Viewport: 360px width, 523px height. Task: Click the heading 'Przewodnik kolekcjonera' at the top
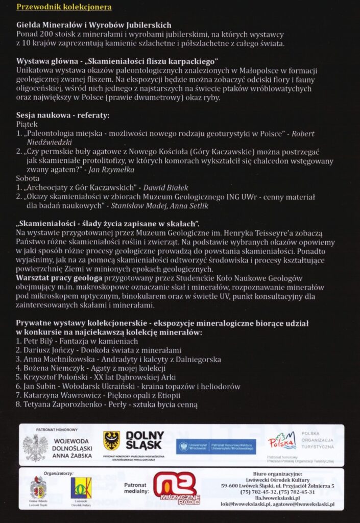coord(64,7)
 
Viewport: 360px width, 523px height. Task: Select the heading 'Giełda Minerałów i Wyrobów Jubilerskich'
coord(93,25)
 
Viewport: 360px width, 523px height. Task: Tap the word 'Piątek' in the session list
coord(27,124)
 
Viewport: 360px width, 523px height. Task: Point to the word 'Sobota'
coord(28,179)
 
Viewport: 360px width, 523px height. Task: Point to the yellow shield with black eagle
coord(111,440)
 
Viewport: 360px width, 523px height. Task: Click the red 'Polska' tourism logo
coord(282,440)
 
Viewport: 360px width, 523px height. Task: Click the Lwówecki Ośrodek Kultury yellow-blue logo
coord(81,488)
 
